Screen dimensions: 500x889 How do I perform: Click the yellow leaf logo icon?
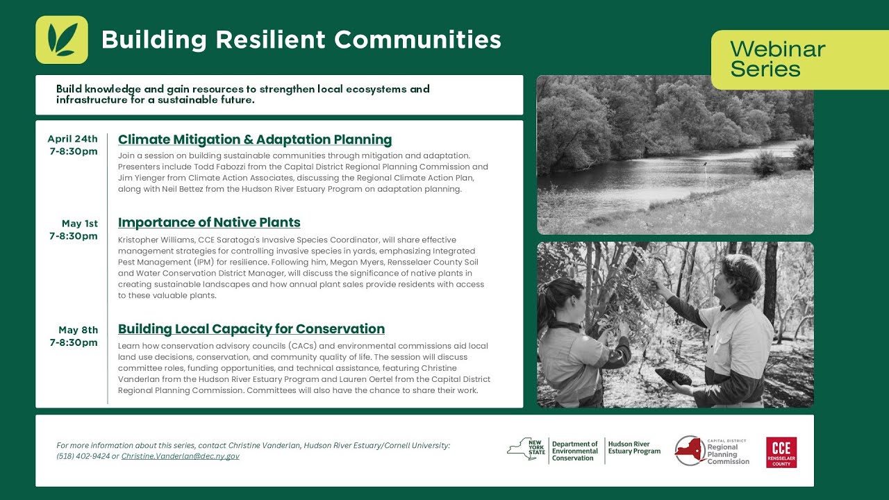(62, 40)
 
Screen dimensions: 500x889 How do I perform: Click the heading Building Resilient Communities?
(301, 40)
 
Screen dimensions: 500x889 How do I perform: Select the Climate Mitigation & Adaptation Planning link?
(255, 140)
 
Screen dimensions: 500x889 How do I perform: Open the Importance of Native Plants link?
(209, 222)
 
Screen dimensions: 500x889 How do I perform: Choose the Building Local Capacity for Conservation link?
(251, 328)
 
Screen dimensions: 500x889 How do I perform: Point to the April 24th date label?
(73, 139)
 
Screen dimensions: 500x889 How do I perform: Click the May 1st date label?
(80, 224)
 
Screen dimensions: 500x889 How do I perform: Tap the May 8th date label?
(78, 330)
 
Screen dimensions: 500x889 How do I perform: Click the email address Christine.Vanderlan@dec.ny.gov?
(180, 456)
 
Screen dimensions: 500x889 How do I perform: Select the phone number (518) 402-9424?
(83, 456)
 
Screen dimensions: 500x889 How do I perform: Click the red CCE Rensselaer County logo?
(781, 452)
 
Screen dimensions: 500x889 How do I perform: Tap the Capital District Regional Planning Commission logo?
(713, 451)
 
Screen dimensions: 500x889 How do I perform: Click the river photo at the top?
(675, 155)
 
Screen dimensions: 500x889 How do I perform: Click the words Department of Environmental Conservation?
(574, 451)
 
